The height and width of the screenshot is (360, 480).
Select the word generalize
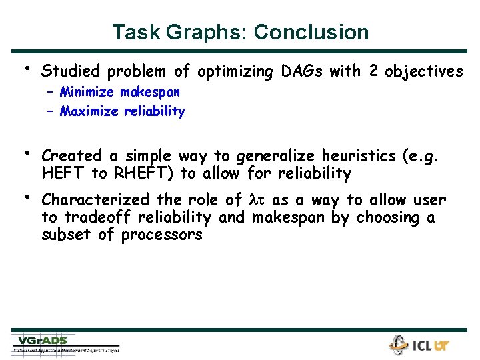point(274,156)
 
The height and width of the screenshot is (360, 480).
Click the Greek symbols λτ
point(257,201)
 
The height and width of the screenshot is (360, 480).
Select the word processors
point(161,235)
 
